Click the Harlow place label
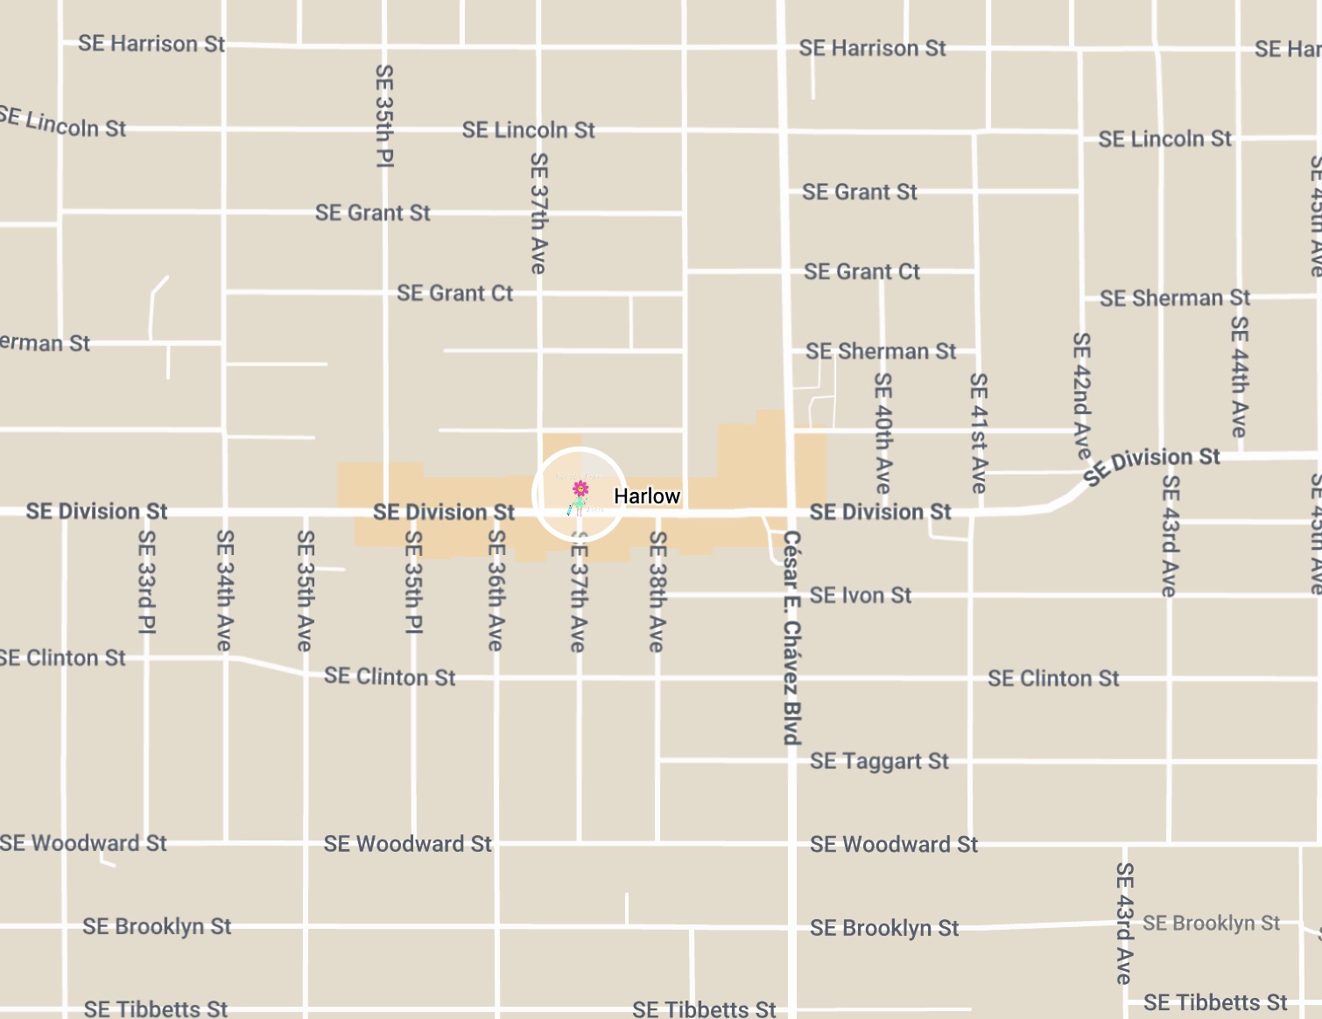click(646, 496)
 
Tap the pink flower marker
click(580, 488)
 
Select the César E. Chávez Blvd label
click(791, 637)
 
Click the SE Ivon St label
click(860, 596)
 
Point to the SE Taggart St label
click(879, 761)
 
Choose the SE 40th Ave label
click(883, 432)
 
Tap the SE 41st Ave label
click(979, 432)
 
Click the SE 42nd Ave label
click(1082, 395)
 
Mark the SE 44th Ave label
click(1239, 376)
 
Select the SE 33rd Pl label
click(147, 581)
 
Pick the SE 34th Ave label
click(225, 590)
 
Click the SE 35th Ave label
click(305, 590)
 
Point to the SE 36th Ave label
click(496, 590)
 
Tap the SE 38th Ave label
click(657, 592)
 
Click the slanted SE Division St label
click(1151, 464)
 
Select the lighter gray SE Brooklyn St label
click(1211, 923)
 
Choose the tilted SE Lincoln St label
click(63, 123)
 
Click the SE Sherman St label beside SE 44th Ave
click(1175, 299)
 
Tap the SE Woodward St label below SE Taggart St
click(893, 844)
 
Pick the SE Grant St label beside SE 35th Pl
click(373, 213)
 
